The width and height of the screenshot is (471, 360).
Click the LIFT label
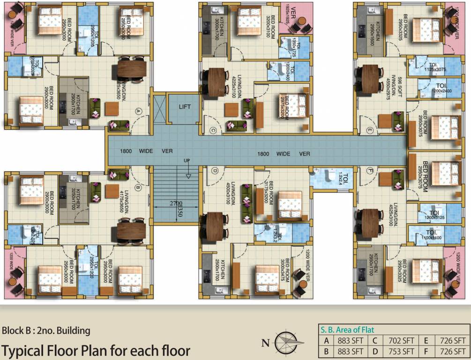coord(185,107)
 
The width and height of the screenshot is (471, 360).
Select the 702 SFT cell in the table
coord(401,341)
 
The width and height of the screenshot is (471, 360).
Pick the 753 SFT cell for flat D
coord(401,351)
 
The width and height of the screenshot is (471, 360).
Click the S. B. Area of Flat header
coord(346,330)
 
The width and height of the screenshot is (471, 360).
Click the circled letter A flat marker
coord(138,111)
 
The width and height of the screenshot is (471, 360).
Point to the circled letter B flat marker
coord(138,187)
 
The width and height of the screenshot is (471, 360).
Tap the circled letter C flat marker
coord(212,131)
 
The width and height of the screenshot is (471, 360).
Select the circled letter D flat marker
coord(216,171)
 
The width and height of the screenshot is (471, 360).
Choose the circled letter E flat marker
coord(370,130)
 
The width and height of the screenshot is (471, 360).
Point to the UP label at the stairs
coord(187,161)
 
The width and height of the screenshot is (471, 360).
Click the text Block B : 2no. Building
coord(46,330)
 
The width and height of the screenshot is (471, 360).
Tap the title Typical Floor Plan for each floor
coord(96,351)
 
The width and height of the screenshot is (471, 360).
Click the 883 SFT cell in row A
coord(350,341)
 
